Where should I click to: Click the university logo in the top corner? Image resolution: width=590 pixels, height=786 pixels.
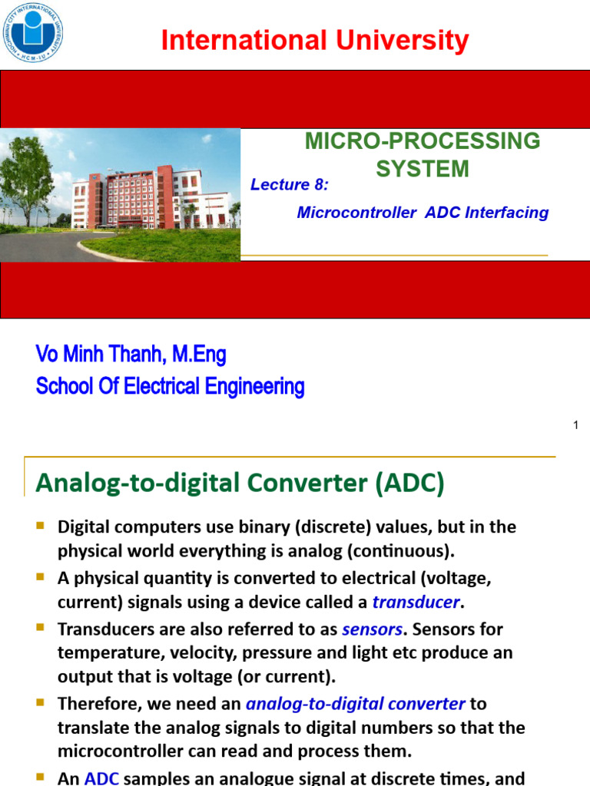32,32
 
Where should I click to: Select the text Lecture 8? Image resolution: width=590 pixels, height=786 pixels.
290,184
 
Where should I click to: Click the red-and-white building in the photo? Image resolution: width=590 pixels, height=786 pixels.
146,197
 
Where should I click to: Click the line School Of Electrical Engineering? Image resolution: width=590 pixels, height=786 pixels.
170,387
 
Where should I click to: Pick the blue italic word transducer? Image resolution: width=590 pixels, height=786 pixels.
416,602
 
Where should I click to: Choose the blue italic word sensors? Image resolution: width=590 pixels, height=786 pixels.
372,629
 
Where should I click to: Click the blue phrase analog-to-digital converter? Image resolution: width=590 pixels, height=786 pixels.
355,703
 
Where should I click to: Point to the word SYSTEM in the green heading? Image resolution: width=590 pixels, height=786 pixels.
423,169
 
